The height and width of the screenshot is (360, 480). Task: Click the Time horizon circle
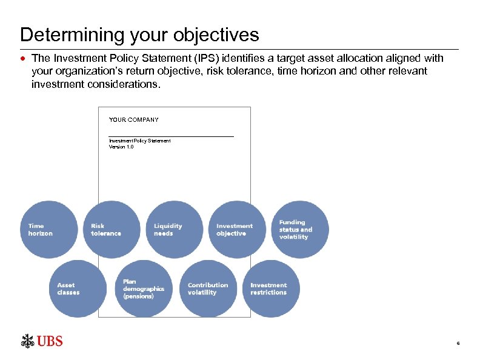tap(49, 229)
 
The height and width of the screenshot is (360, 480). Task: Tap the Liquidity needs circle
tap(175, 229)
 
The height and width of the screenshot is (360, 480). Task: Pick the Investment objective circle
tap(238, 229)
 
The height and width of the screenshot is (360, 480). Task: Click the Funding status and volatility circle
tap(300, 229)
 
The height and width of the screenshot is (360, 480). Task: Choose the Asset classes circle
tap(78, 288)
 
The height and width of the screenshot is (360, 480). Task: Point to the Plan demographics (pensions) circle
tap(144, 288)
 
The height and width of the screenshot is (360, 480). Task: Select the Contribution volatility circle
tap(208, 288)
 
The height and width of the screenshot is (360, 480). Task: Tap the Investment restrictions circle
tap(271, 288)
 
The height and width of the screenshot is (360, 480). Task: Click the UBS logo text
tap(50, 341)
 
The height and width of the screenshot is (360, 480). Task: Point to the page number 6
tap(458, 344)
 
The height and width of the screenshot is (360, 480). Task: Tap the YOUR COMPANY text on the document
tap(133, 120)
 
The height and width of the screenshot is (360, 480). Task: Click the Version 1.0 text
tap(121, 147)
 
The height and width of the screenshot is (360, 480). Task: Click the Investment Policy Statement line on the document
tap(139, 141)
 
